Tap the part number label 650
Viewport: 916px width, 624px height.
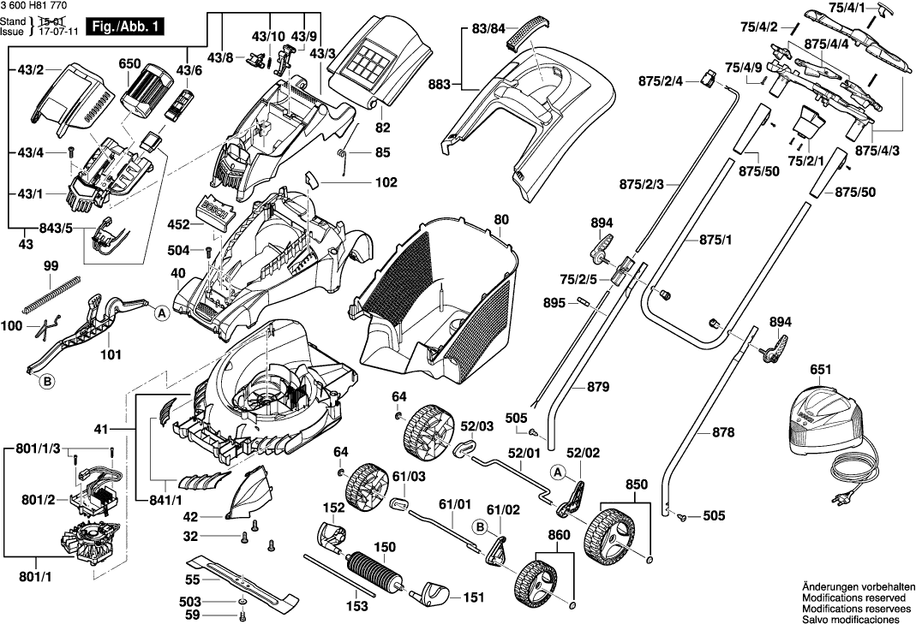(130, 64)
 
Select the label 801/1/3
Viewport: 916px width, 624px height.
(38, 449)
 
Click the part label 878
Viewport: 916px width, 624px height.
(723, 433)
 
